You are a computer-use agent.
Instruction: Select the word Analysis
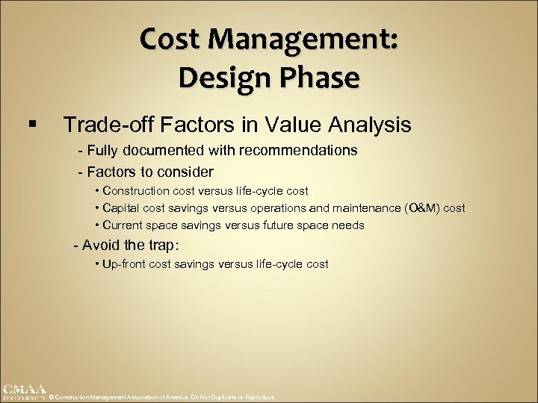click(359, 124)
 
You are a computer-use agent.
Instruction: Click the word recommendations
click(298, 150)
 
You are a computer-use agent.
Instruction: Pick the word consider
click(187, 171)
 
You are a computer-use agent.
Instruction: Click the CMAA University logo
click(22, 392)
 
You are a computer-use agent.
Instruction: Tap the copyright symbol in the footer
click(52, 397)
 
